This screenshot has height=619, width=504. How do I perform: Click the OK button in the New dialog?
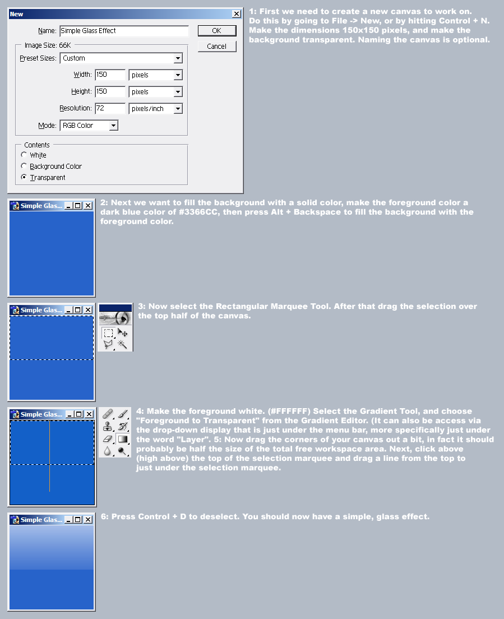click(216, 31)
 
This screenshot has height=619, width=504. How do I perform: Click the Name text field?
click(124, 31)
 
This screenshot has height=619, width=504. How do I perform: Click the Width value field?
click(109, 75)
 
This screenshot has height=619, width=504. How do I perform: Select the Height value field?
click(109, 91)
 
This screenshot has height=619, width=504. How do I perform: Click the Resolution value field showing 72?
click(109, 108)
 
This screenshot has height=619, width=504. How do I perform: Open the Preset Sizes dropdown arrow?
click(178, 58)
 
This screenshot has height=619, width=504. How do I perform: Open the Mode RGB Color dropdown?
click(113, 126)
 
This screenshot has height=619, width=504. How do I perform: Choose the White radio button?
click(24, 155)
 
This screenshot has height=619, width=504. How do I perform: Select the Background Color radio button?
click(24, 166)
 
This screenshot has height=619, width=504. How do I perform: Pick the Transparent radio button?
click(24, 177)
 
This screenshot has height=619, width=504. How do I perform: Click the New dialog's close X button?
click(237, 13)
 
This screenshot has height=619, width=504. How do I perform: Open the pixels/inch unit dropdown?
click(178, 109)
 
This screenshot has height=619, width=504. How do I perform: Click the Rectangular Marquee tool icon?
click(108, 333)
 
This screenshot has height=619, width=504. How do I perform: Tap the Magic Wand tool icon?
click(122, 344)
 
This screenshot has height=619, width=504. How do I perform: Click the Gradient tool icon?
click(123, 438)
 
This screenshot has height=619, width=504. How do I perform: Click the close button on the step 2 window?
click(87, 206)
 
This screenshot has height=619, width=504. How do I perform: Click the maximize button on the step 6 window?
click(77, 520)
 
